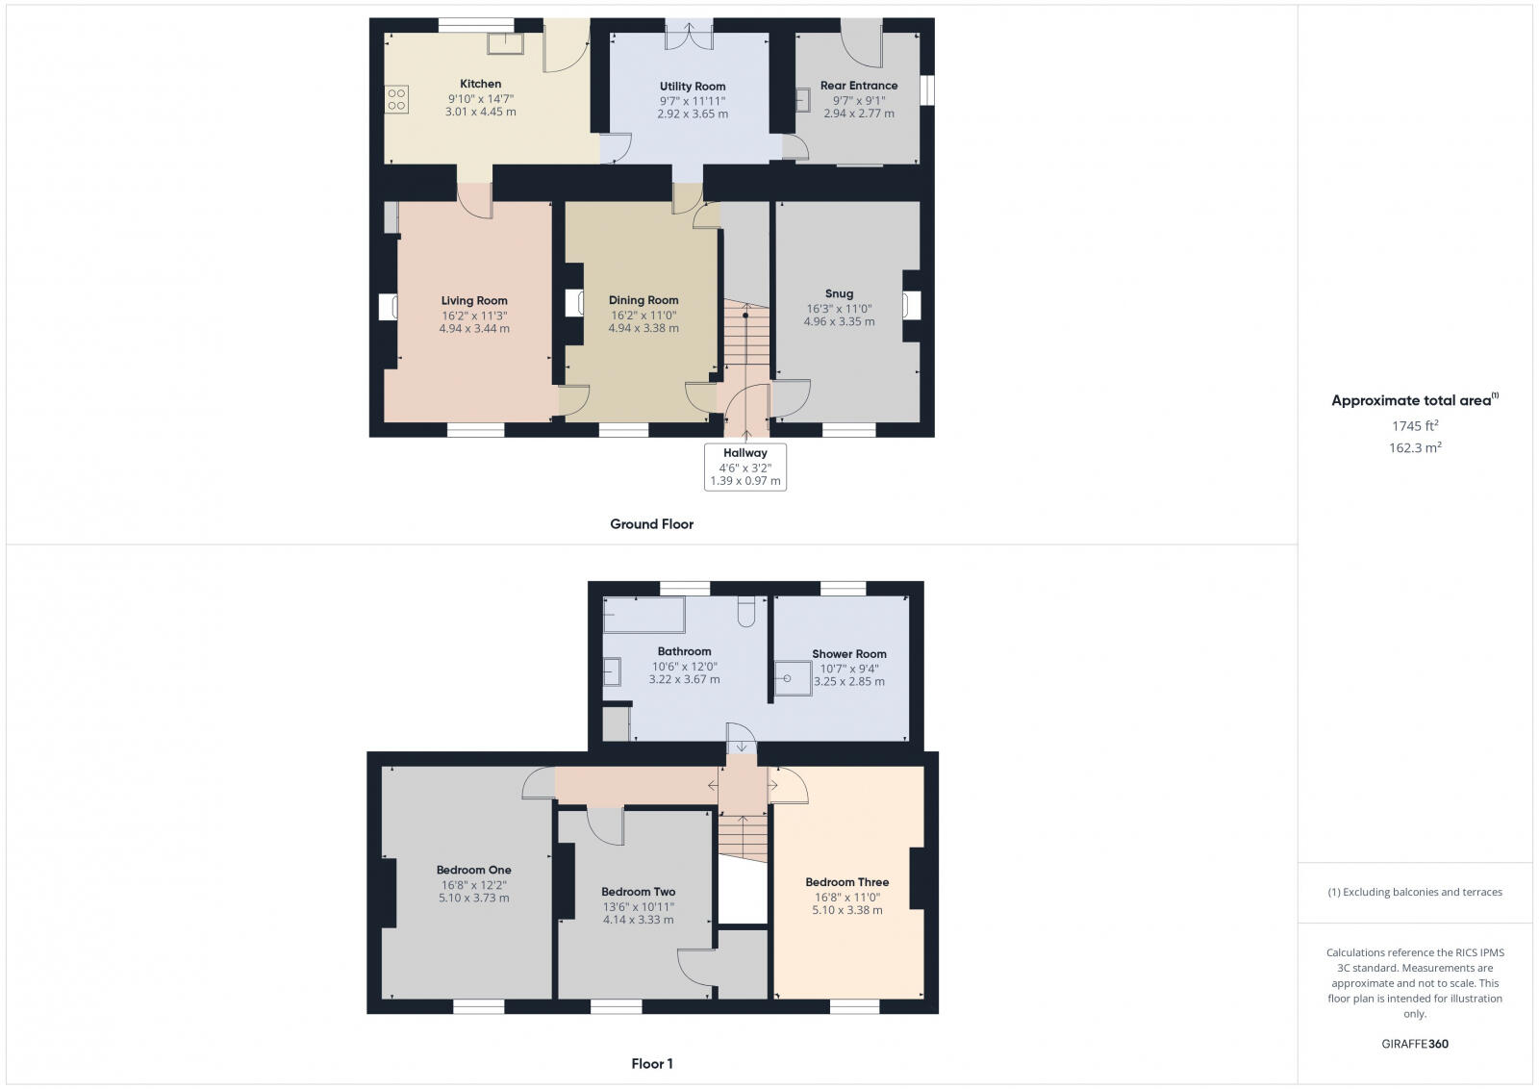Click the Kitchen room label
tap(480, 84)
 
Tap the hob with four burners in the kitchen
tap(396, 99)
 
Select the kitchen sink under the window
tap(504, 44)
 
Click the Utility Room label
tap(693, 87)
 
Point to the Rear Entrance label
tap(859, 86)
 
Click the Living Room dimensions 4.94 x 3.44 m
tap(474, 328)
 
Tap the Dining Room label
tap(643, 300)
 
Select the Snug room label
tap(839, 294)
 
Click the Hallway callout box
tap(745, 467)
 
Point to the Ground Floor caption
tap(651, 524)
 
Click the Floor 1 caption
tap(652, 1064)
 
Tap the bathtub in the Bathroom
tap(643, 615)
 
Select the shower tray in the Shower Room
tap(794, 677)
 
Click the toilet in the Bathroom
tap(746, 612)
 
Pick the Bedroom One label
tap(474, 871)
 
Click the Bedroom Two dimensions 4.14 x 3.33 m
tap(638, 920)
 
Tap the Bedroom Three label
tap(847, 882)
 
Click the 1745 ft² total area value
tap(1415, 425)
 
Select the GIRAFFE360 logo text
tap(1415, 1044)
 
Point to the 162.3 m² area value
tap(1415, 447)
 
